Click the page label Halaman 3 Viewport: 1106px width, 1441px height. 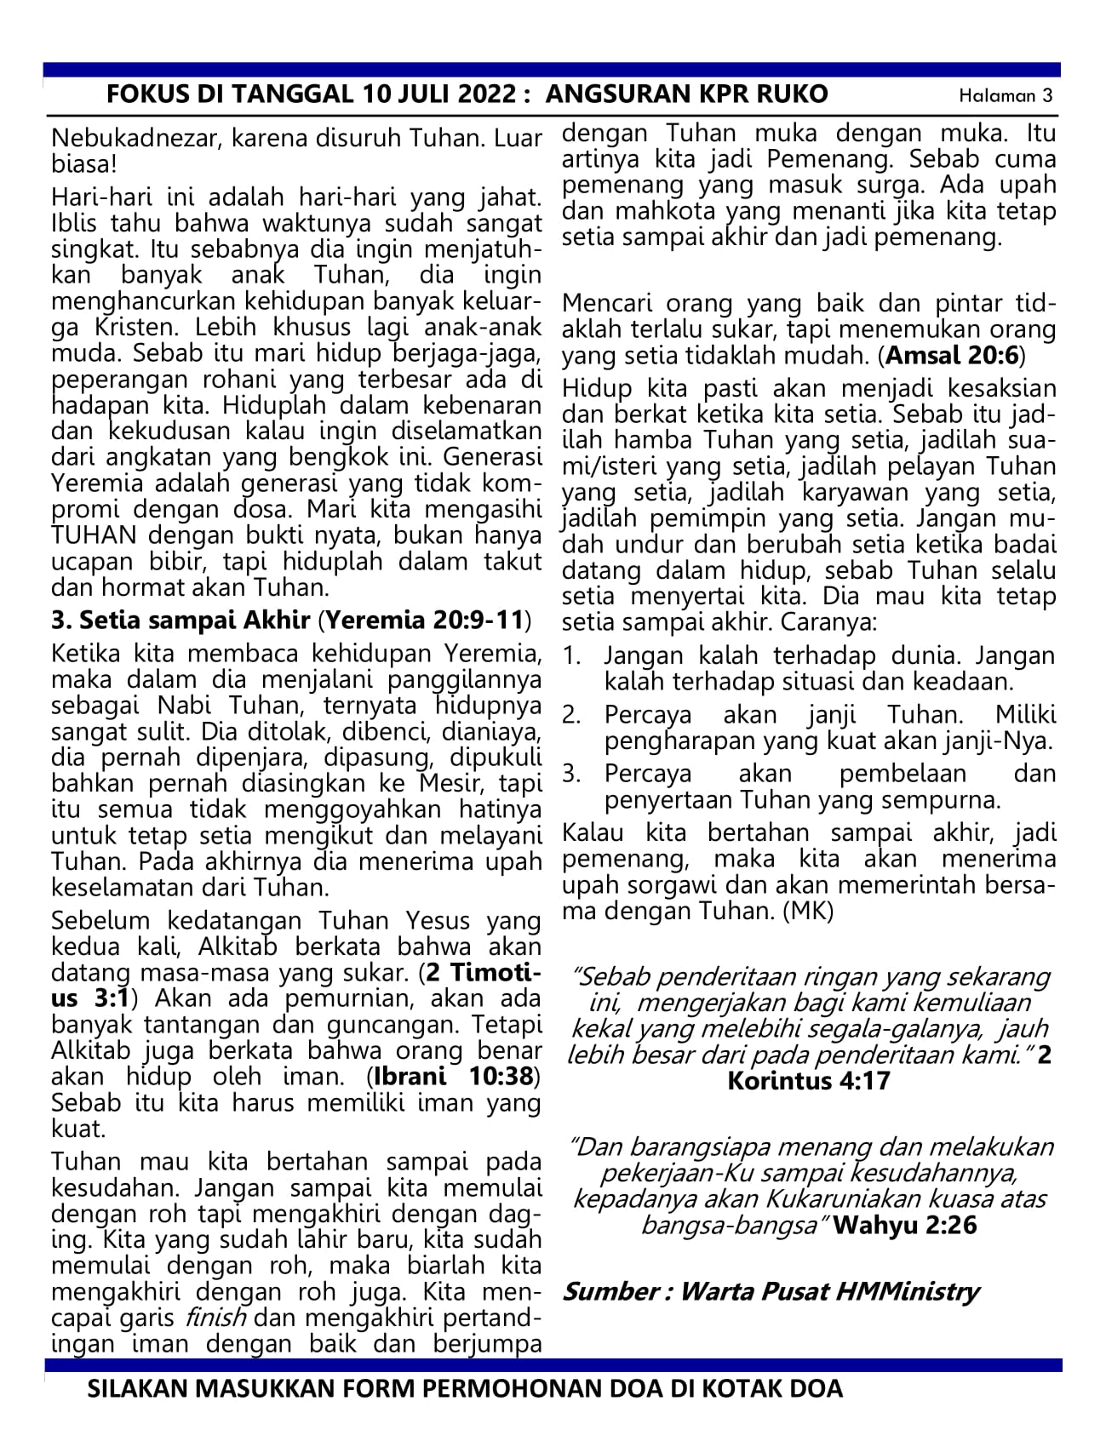click(1005, 95)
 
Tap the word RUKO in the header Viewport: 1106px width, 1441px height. click(791, 94)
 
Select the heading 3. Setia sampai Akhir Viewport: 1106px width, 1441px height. click(181, 619)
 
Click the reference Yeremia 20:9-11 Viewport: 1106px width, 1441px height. click(425, 619)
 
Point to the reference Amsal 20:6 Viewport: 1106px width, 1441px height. click(951, 355)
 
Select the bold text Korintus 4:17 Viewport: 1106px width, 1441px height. click(808, 1081)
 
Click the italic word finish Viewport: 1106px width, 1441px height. click(215, 1318)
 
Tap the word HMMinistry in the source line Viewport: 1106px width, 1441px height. click(907, 1291)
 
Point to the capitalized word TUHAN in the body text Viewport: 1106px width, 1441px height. click(95, 536)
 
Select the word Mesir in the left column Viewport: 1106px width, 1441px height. click(460, 782)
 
